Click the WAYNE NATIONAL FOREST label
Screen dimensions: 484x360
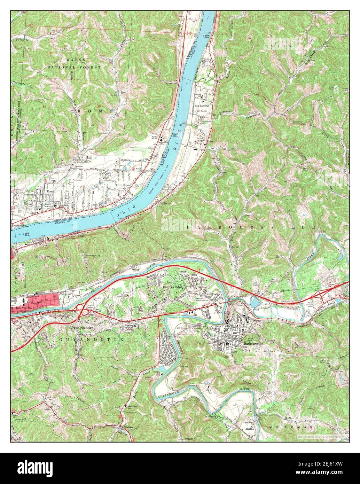(x=74, y=63)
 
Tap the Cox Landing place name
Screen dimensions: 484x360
(x=202, y=105)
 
